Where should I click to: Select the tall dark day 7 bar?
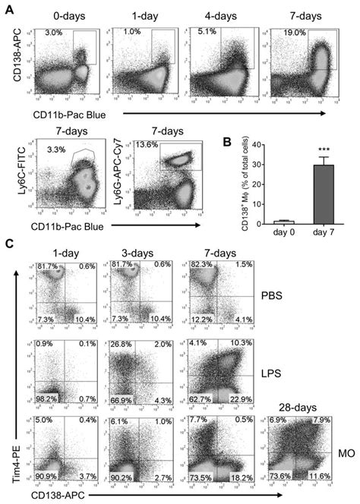310,195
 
